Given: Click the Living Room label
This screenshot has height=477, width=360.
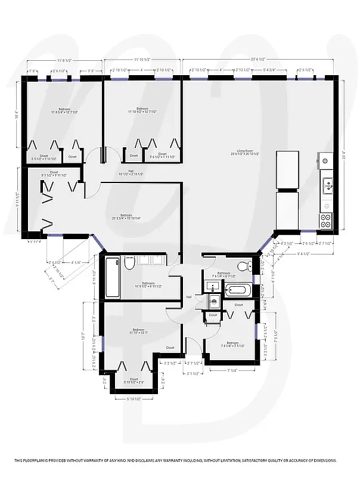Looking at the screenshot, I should click(x=241, y=152).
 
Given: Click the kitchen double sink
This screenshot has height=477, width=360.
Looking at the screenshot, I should click(x=327, y=187).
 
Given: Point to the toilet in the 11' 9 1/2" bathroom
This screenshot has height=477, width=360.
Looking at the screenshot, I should click(x=129, y=263).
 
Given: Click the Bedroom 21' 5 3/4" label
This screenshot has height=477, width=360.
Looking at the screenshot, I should click(x=126, y=216).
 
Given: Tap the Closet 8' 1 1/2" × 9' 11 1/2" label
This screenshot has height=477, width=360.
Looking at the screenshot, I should click(x=54, y=174).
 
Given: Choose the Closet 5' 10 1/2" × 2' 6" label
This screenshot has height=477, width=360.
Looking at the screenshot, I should click(x=134, y=380).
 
